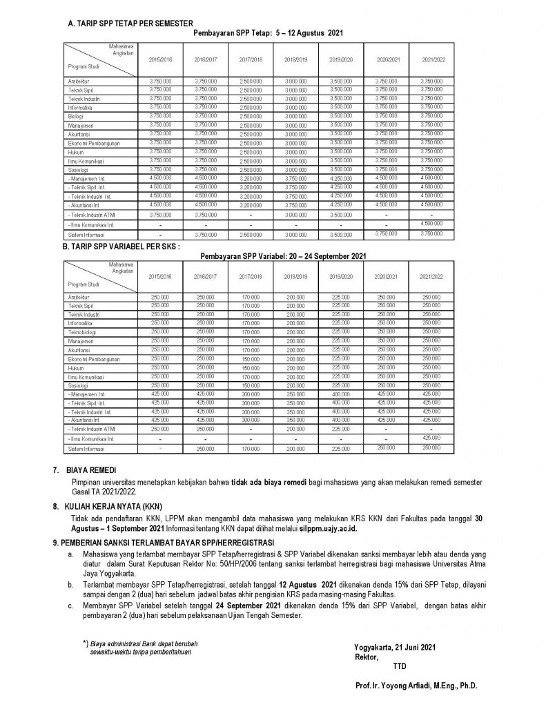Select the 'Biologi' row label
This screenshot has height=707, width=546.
click(75, 117)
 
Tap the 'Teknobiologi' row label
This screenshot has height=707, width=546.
click(82, 331)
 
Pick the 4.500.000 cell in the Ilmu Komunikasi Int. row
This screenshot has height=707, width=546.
click(432, 222)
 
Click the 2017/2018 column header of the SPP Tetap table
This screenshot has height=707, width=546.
click(251, 60)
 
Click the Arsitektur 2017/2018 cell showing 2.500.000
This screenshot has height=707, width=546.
click(251, 81)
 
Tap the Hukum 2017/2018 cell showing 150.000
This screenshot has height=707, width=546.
click(251, 367)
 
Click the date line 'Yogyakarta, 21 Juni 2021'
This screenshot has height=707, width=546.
click(394, 647)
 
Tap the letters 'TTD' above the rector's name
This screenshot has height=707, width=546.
click(399, 666)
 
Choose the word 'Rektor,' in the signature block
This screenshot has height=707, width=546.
click(366, 657)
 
